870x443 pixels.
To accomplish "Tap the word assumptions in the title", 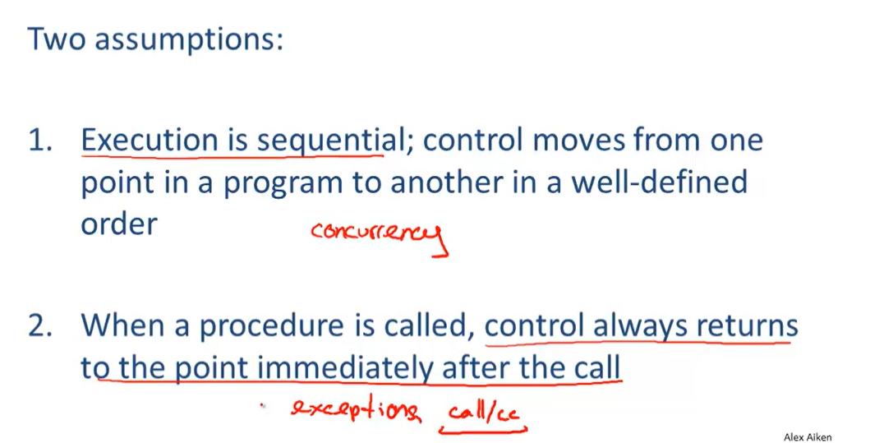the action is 189,41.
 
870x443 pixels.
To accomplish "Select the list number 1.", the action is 40,141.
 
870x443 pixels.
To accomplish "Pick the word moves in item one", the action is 577,141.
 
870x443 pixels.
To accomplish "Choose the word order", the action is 119,224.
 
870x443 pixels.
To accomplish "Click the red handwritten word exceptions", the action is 356,410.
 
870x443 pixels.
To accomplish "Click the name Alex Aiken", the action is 808,437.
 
